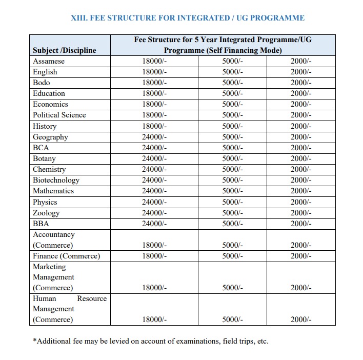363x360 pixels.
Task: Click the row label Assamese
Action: (x=49, y=61)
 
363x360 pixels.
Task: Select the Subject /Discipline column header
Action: (x=64, y=50)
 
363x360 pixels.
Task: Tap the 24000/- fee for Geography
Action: (x=154, y=137)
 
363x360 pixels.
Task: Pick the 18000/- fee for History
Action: (x=154, y=126)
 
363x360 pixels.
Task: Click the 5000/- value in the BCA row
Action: (x=232, y=148)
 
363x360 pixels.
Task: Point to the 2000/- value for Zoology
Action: (x=301, y=213)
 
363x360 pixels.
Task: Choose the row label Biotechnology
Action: (x=56, y=180)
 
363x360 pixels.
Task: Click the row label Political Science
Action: (x=59, y=115)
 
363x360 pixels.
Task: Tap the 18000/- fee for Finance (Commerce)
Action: (x=154, y=256)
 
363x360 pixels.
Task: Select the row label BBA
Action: (x=41, y=224)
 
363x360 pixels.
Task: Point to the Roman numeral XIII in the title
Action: (x=79, y=18)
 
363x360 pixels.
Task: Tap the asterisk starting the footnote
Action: (x=34, y=341)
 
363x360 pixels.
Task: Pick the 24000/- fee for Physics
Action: (x=154, y=202)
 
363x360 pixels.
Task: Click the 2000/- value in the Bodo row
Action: (x=301, y=83)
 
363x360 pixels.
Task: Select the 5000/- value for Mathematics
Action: (x=232, y=191)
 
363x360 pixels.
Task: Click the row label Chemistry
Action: (x=49, y=169)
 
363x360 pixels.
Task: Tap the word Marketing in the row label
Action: (x=49, y=267)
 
